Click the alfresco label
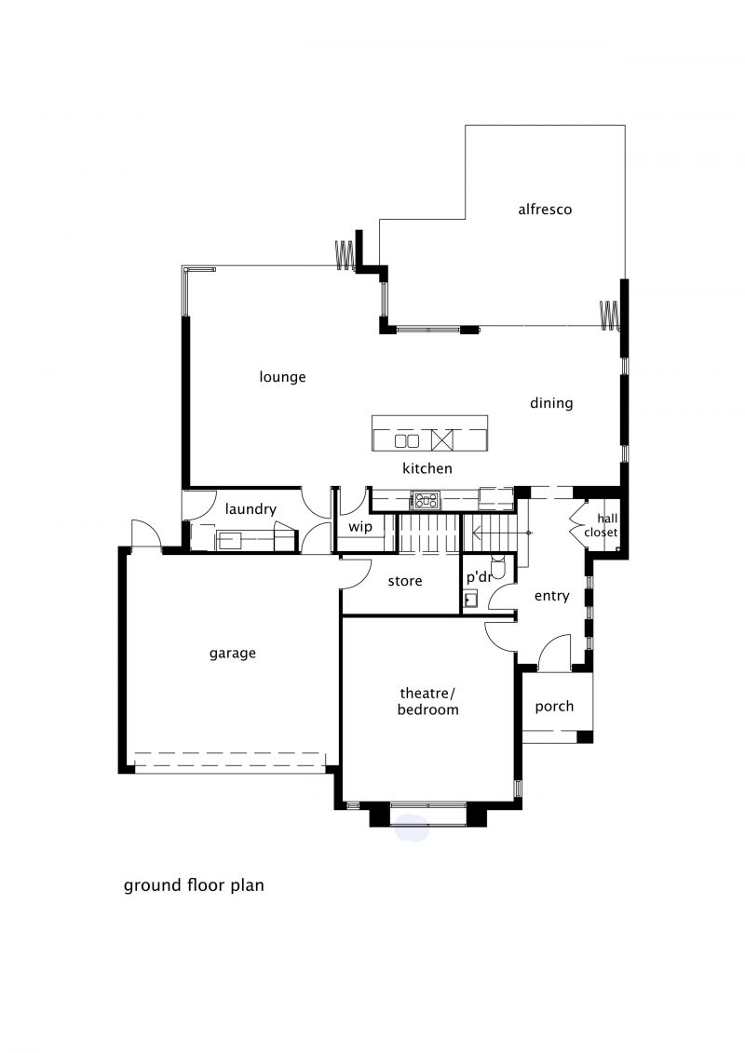545,209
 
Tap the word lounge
282,377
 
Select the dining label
551,404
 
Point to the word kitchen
427,468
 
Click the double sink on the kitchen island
406,441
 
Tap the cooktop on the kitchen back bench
426,500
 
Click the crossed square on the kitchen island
442,440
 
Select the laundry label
251,509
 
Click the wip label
360,527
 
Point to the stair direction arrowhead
476,533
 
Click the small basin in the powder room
470,599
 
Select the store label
405,581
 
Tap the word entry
551,597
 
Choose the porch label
554,707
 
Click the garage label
233,654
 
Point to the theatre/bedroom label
428,701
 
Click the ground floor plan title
194,885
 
